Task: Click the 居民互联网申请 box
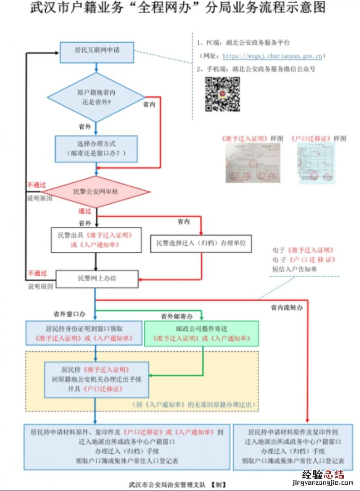coord(97,53)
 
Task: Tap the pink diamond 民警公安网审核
coord(95,192)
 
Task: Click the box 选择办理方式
coord(96,149)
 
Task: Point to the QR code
coord(222,94)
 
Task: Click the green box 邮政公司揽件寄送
coord(201,333)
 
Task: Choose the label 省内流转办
coord(287,308)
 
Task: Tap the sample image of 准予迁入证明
coord(253,162)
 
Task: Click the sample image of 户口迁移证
coord(318,163)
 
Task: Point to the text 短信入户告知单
coord(294,269)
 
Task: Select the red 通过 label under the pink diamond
coord(85,211)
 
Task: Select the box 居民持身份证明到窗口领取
coord(83,333)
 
